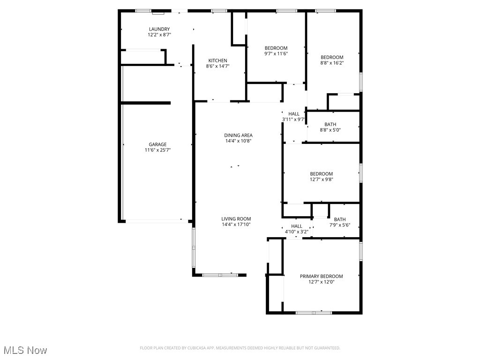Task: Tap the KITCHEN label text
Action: tap(217, 60)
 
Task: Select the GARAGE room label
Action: tap(157, 144)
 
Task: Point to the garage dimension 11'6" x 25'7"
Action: tap(157, 150)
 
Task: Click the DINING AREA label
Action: tap(238, 135)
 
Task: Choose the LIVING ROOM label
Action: tap(236, 218)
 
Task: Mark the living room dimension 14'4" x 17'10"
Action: tap(236, 225)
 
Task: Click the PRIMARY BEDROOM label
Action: tap(321, 276)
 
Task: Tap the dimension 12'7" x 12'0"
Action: tap(321, 282)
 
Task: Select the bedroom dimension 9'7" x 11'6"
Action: tap(276, 54)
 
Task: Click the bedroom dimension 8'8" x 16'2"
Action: tap(332, 63)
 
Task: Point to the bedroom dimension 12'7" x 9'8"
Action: tap(321, 180)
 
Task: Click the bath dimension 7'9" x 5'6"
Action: tap(339, 225)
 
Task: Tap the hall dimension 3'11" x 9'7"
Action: tap(293, 120)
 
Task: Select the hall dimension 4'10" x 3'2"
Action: tap(296, 232)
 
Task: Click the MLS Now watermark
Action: tap(25, 350)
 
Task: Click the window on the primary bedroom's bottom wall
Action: tap(314, 312)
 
